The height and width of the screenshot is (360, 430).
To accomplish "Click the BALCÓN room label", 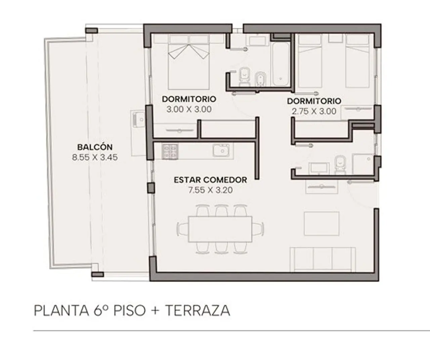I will tap(95, 147).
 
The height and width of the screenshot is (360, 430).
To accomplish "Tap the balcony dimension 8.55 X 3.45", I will tap(95, 157).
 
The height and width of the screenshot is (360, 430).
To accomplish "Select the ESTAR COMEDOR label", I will tap(210, 180).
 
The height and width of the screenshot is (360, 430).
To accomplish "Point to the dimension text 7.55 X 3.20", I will tap(210, 190).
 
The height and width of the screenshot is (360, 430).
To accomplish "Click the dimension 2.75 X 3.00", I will tap(314, 111).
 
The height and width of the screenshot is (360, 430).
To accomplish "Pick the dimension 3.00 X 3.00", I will tap(189, 109).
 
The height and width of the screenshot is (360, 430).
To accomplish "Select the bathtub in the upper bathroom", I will tap(280, 64).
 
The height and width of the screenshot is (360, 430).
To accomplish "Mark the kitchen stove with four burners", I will tap(170, 151).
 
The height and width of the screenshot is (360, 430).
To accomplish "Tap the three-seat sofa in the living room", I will tap(323, 259).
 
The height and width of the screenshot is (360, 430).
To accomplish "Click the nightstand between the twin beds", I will tap(335, 38).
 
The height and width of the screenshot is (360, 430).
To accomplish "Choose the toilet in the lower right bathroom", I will tap(340, 165).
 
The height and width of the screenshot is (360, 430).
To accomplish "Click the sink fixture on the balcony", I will tap(138, 119).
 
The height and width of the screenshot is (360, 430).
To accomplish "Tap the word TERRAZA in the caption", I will tap(198, 311).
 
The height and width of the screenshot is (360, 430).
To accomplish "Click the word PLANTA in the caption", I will tap(61, 311).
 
